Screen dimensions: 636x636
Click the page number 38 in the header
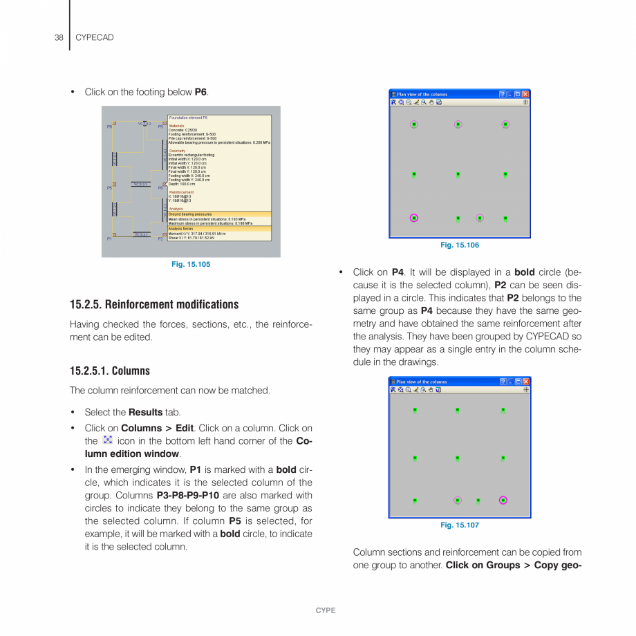[59, 37]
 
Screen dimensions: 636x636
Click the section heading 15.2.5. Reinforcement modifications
[154, 304]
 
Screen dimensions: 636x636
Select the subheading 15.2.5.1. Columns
[110, 371]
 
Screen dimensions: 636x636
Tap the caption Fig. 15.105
[191, 264]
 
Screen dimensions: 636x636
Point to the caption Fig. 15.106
[460, 245]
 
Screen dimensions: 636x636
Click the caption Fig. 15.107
[460, 525]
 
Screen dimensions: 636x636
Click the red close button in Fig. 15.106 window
[525, 94]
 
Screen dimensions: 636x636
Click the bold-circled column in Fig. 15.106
[414, 218]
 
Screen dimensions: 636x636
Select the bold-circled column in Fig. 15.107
[503, 500]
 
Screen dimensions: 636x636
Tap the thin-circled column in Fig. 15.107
[458, 500]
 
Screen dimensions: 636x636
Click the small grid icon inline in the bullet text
[107, 440]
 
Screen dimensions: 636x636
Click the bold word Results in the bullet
[145, 412]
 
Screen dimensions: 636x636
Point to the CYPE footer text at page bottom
[325, 610]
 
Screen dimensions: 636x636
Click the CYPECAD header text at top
[94, 37]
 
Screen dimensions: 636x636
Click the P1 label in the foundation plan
[109, 238]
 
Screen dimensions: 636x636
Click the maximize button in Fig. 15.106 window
[516, 94]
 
